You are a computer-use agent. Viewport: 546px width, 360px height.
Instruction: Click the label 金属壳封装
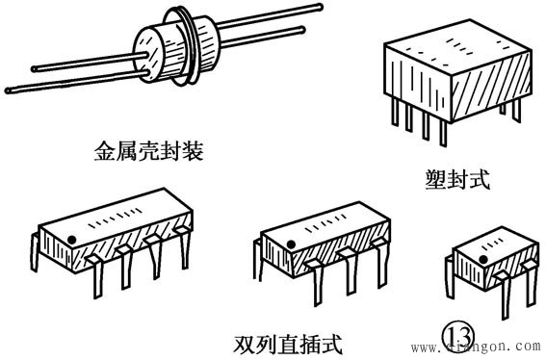point(148,151)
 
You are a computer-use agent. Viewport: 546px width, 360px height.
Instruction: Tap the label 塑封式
point(457,179)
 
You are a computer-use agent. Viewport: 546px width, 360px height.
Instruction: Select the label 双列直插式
point(288,345)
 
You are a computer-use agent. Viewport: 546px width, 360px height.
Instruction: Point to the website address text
point(478,347)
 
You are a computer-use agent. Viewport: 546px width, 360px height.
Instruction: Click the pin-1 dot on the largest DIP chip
point(71,240)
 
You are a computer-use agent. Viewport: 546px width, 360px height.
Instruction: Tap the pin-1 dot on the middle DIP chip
point(291,244)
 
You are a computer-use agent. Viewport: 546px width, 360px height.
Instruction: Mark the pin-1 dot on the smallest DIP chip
point(482,259)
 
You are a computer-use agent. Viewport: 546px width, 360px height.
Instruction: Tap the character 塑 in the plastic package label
point(435,179)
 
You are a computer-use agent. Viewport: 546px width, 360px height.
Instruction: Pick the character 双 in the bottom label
point(244,345)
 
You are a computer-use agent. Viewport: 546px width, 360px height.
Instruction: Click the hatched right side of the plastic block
point(492,86)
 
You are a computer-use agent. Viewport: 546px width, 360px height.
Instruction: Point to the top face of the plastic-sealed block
point(458,48)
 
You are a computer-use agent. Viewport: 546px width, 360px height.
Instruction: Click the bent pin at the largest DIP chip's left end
point(35,252)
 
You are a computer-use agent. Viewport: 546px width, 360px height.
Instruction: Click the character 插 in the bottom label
point(309,345)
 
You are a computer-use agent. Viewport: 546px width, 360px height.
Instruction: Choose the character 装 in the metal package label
point(193,151)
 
